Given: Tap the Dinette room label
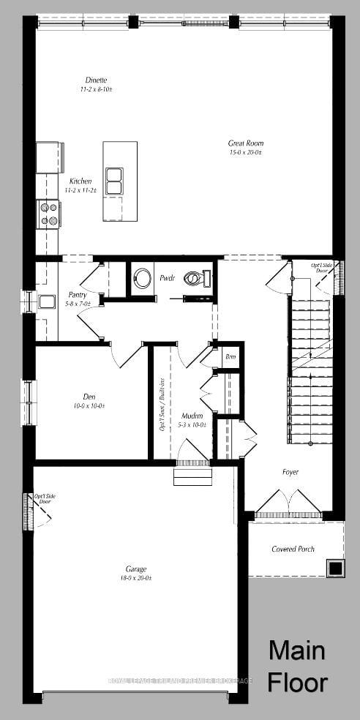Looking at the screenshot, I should click(95, 80).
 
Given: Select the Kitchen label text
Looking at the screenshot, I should click(80, 181).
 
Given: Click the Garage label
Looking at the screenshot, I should click(135, 569).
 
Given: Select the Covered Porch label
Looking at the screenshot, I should click(293, 549).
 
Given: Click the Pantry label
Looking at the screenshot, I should click(78, 295).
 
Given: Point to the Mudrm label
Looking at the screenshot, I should click(192, 416).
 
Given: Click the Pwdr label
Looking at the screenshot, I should click(166, 279).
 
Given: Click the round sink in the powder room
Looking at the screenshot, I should click(142, 278).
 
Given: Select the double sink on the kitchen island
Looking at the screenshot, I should click(114, 181).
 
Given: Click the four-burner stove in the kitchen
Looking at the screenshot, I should click(48, 214).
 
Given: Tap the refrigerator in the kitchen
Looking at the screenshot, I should click(48, 157).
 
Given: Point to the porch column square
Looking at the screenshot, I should click(335, 568).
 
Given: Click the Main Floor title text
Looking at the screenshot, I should click(297, 666).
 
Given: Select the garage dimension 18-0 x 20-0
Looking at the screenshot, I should click(135, 577).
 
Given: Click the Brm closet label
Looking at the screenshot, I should click(230, 356).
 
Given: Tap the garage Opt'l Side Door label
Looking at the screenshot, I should click(45, 500).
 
